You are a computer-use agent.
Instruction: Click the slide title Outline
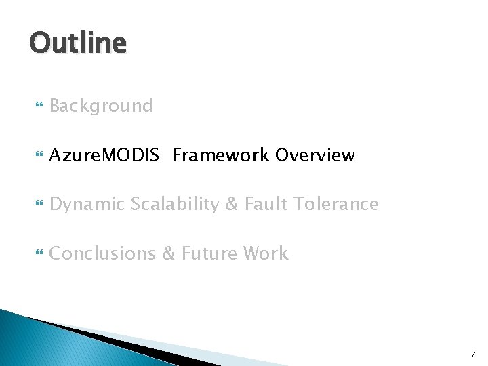click(x=78, y=43)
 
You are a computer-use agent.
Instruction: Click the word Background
click(x=101, y=106)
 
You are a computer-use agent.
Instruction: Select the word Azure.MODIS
click(x=104, y=155)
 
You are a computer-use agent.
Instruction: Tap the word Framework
click(x=221, y=155)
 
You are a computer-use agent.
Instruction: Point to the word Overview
click(x=314, y=155)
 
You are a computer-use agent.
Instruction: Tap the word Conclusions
click(x=102, y=253)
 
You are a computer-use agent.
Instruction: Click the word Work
click(x=266, y=253)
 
